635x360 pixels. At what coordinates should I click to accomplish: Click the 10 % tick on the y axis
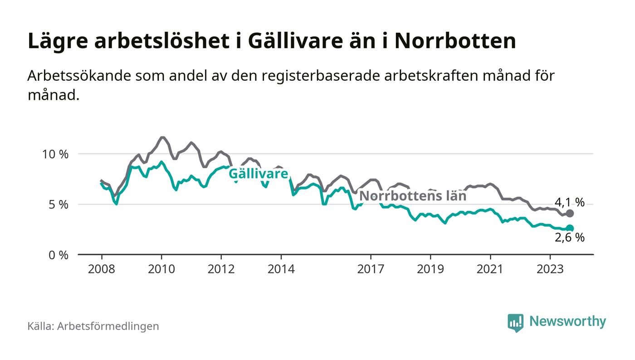[55, 154]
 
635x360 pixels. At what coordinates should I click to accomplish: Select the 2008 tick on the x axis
[101, 269]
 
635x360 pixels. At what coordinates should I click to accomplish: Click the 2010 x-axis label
[161, 269]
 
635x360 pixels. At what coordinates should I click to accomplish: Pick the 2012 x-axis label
[221, 269]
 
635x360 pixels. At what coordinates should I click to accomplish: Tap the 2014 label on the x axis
[281, 269]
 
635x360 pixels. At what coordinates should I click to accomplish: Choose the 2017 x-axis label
[371, 269]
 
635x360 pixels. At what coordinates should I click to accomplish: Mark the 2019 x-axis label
[430, 269]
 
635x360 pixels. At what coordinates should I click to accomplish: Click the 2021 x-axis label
[490, 269]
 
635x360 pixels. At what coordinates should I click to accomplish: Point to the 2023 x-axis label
[550, 269]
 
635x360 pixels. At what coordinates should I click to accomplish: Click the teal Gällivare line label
[258, 174]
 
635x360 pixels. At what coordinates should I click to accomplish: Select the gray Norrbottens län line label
[413, 196]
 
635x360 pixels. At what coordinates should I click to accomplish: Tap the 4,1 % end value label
[569, 202]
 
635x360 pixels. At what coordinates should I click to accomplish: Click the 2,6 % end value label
[569, 237]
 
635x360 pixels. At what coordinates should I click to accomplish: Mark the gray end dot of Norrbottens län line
[570, 214]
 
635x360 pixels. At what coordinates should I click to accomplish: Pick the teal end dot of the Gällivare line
[570, 229]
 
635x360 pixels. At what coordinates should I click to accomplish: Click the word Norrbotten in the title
[455, 41]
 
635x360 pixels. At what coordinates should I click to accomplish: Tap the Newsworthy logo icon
[515, 322]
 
